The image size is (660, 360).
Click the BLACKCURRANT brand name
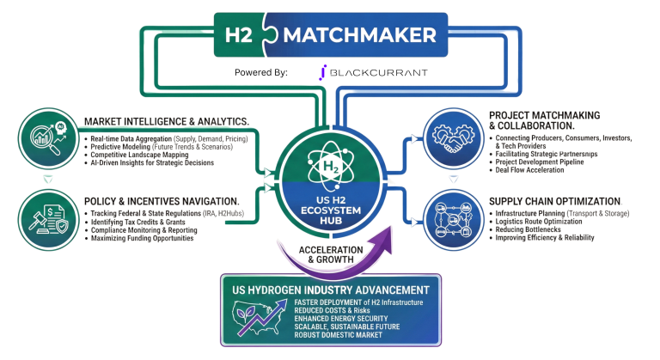[x=378, y=73]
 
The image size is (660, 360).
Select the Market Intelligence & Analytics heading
[x=168, y=121]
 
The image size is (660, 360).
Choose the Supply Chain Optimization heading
[x=553, y=201]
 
